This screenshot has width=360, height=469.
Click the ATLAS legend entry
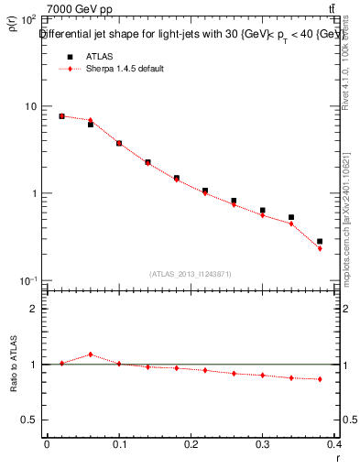pyautogui.click(x=98, y=56)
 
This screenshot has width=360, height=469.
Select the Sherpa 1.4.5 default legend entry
pyautogui.click(x=124, y=69)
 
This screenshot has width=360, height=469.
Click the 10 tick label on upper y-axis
pyautogui.click(x=29, y=106)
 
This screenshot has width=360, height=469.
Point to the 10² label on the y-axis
pyautogui.click(x=27, y=19)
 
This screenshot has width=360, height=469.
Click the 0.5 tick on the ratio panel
pyautogui.click(x=29, y=420)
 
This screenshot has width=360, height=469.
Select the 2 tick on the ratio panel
pyautogui.click(x=33, y=309)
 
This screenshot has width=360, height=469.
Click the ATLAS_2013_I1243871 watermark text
pyautogui.click(x=191, y=274)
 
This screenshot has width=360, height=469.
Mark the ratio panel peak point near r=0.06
pyautogui.click(x=90, y=354)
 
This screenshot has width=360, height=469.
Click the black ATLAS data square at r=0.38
pyautogui.click(x=319, y=241)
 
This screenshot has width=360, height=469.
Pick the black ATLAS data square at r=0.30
pyautogui.click(x=262, y=210)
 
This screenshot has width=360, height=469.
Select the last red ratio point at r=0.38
pyautogui.click(x=319, y=379)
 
